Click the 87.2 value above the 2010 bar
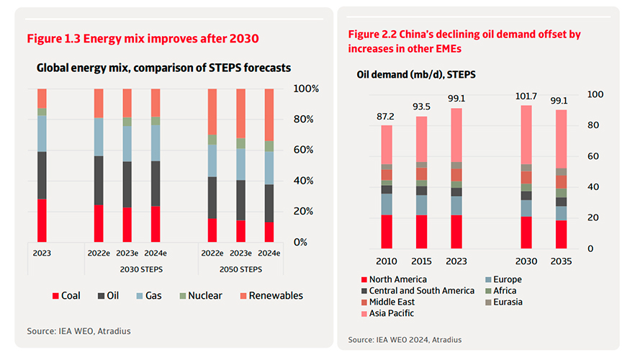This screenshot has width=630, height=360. [x=385, y=117]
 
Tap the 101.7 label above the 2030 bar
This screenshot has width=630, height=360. [x=526, y=96]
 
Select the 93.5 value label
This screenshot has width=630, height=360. [x=421, y=107]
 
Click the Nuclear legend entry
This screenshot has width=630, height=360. [x=200, y=296]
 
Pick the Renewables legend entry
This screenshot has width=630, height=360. [x=271, y=296]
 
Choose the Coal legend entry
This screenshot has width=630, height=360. [x=66, y=296]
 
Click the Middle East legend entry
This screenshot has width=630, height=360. [x=388, y=302]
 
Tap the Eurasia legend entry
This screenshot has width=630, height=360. [x=504, y=302]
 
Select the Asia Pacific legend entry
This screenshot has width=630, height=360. [x=387, y=313]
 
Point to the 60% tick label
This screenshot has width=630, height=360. [x=303, y=150]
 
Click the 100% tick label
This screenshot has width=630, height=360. [x=306, y=89]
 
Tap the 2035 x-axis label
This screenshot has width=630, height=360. [x=561, y=261]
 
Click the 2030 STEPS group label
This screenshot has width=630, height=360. [x=141, y=269]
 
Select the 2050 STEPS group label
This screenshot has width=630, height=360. [x=240, y=269]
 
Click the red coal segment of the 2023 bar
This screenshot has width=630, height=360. [x=42, y=220]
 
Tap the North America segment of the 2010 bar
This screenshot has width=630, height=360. [x=387, y=232]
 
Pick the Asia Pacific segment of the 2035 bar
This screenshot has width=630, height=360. [x=562, y=139]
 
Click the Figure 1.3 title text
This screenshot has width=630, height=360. [x=143, y=39]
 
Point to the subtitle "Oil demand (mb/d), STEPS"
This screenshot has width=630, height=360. [x=416, y=75]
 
